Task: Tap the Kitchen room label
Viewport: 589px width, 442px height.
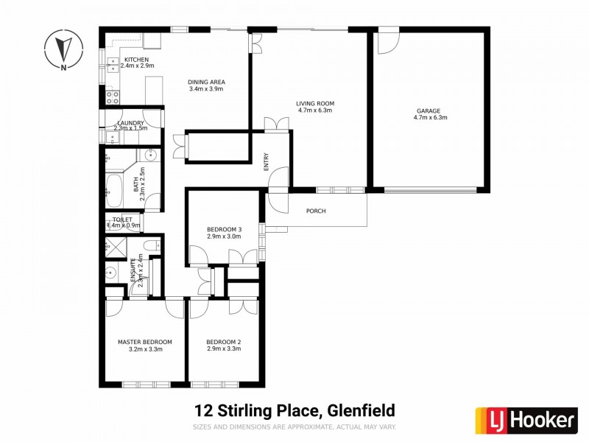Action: pyautogui.click(x=136, y=60)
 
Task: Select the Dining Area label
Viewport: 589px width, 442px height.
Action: pyautogui.click(x=206, y=82)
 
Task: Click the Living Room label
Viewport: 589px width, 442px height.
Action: pyautogui.click(x=315, y=103)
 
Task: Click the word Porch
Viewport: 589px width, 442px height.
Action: pyautogui.click(x=315, y=211)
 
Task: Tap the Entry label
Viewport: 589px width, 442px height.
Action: pyautogui.click(x=267, y=161)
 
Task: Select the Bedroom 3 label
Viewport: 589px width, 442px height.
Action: pyautogui.click(x=224, y=229)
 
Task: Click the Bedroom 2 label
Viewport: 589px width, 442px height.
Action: pyautogui.click(x=225, y=342)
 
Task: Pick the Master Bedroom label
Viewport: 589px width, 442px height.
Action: pyautogui.click(x=145, y=342)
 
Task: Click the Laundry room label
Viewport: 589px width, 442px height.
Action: pyautogui.click(x=130, y=122)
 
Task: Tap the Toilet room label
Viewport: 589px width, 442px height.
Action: pyautogui.click(x=122, y=220)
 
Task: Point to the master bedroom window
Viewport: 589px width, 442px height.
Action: pyautogui.click(x=146, y=384)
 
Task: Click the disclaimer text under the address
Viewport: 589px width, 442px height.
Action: pyautogui.click(x=294, y=427)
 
